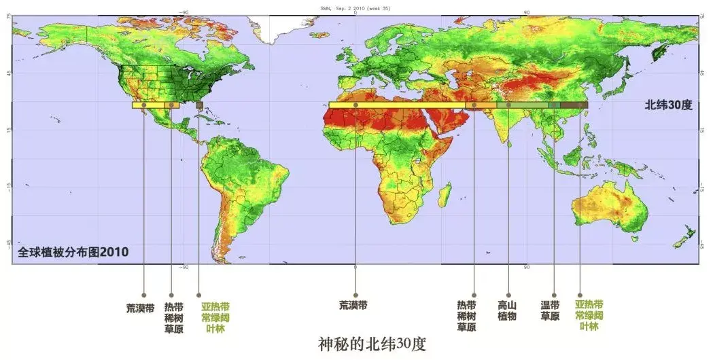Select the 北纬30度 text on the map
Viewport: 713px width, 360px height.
(x=668, y=105)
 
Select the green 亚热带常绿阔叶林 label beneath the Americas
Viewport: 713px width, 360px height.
(x=215, y=317)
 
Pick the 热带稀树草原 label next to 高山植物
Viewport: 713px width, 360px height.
(x=466, y=317)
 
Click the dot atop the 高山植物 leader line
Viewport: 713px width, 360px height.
(x=508, y=105)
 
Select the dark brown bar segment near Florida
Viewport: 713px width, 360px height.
(x=199, y=105)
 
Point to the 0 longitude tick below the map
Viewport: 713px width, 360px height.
(x=355, y=268)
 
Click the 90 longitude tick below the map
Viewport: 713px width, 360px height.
(x=527, y=268)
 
